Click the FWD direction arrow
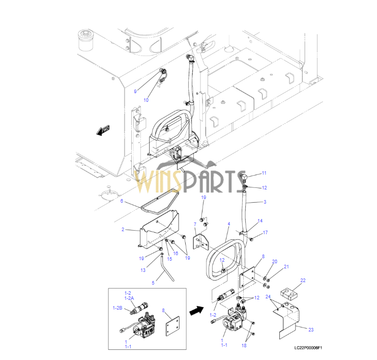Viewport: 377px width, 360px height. [x=103, y=130]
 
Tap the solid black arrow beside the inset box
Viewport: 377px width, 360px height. [x=197, y=311]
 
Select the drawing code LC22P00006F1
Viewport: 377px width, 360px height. [x=308, y=348]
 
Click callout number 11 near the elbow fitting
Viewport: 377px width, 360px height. [x=264, y=173]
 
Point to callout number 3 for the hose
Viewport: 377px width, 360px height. [x=265, y=202]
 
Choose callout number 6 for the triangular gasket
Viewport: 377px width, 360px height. [x=122, y=201]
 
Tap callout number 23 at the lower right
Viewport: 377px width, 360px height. [x=311, y=329]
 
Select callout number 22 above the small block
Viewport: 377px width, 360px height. [x=303, y=281]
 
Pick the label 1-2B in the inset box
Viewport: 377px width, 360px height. [x=118, y=308]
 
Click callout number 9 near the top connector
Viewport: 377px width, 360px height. [x=135, y=92]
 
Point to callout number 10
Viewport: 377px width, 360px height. [x=146, y=100]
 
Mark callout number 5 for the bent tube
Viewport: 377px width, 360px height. [x=153, y=283]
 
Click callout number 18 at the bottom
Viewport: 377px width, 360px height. [x=244, y=346]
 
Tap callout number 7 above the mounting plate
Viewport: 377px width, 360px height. [x=195, y=224]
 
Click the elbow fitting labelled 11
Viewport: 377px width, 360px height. [x=244, y=177]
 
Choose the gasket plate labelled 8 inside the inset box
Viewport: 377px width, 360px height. [x=172, y=326]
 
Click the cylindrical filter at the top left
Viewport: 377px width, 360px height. [x=85, y=40]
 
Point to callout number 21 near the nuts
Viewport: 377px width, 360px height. [x=286, y=267]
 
